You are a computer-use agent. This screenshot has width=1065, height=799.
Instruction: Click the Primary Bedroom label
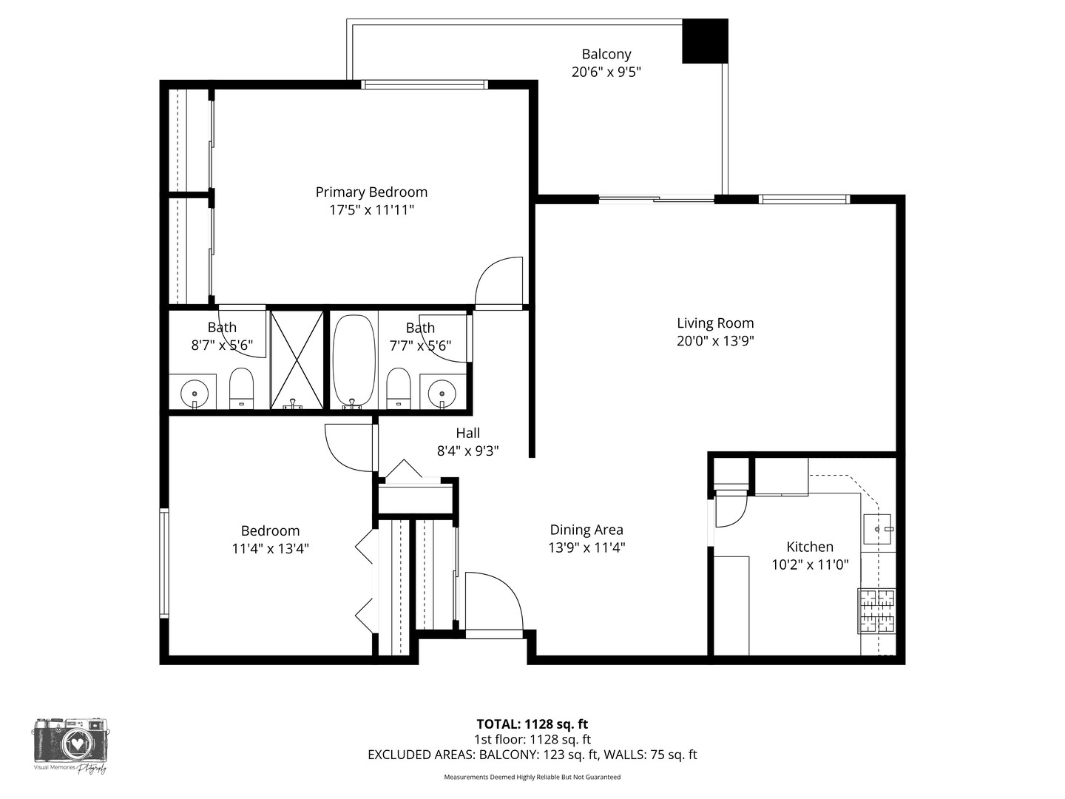371,192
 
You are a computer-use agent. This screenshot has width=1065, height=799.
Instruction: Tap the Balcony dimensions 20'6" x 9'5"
606,73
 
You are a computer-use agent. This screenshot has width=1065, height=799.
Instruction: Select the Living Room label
715,323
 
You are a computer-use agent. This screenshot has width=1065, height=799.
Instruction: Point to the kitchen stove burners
876,611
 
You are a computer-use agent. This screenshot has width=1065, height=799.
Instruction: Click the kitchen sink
877,529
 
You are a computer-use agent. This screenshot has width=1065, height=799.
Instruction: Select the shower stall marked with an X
297,360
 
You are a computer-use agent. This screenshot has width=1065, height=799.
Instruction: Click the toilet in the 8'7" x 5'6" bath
241,388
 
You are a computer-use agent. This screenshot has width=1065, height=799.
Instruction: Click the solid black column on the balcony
705,41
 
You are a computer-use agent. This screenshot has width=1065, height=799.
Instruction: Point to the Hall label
467,433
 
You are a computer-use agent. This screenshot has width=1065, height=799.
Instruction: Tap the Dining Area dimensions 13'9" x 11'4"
586,547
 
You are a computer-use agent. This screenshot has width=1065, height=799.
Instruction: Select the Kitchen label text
810,547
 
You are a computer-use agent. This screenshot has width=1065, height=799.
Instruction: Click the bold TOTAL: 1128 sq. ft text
532,724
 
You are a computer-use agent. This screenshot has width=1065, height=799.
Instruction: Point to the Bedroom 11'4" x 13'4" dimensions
270,549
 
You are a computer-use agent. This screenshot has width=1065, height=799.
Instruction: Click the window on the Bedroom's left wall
164,563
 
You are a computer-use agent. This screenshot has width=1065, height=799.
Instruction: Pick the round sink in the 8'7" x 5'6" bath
195,392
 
